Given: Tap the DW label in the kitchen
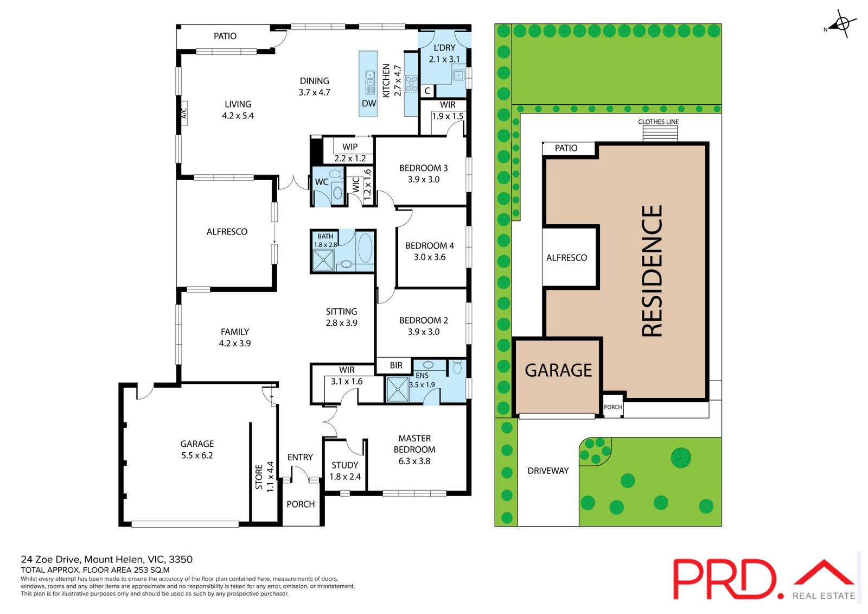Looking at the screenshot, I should pyautogui.click(x=369, y=104).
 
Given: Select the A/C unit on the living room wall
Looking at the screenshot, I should pyautogui.click(x=183, y=113).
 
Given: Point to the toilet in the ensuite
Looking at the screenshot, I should pyautogui.click(x=457, y=368).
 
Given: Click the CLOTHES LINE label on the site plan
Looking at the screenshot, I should pyautogui.click(x=658, y=122).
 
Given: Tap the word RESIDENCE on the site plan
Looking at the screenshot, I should pyautogui.click(x=652, y=271).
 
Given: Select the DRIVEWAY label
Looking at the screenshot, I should pyautogui.click(x=548, y=471).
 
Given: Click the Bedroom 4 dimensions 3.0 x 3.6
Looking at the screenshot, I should pyautogui.click(x=430, y=257).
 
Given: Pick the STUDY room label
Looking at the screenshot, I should pyautogui.click(x=345, y=465).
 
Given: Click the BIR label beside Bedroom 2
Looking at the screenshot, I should pyautogui.click(x=396, y=365).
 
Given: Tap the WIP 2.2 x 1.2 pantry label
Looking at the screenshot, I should pyautogui.click(x=350, y=153).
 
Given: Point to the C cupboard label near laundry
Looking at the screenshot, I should pyautogui.click(x=427, y=91).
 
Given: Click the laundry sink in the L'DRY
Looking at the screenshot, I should pyautogui.click(x=458, y=75).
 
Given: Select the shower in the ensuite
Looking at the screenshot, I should pyautogui.click(x=398, y=390).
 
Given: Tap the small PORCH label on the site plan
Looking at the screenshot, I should pyautogui.click(x=613, y=407).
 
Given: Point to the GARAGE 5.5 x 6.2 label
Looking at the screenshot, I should pyautogui.click(x=197, y=450).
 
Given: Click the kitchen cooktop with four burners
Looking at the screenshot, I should pyautogui.click(x=411, y=84).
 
